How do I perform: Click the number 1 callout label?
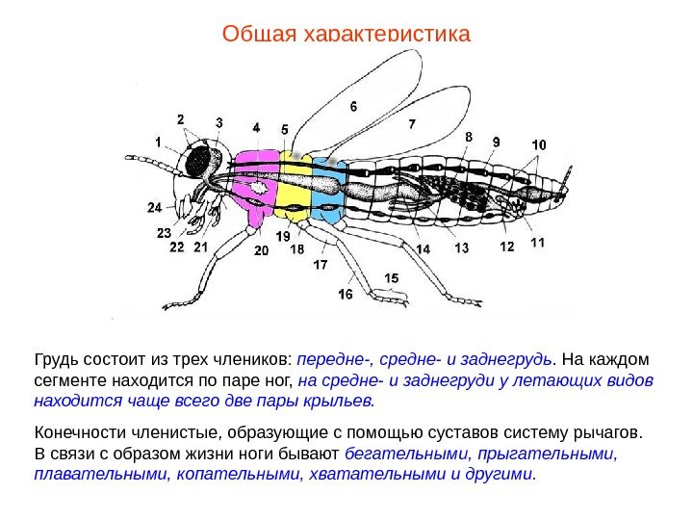tap(158, 141)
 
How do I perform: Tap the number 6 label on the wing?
tap(353, 106)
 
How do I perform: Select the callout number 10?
tap(537, 145)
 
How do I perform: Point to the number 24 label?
tap(155, 207)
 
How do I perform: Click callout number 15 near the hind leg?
tap(390, 278)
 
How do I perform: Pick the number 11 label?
tap(536, 243)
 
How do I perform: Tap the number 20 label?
tap(261, 250)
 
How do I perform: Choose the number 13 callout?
tap(462, 248)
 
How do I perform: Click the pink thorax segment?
tap(255, 183)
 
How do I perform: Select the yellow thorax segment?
tap(293, 188)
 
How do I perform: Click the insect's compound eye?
tap(202, 161)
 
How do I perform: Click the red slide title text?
tap(346, 35)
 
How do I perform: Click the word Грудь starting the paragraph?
tap(55, 360)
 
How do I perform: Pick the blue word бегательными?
tap(398, 453)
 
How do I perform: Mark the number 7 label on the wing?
tap(412, 124)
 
